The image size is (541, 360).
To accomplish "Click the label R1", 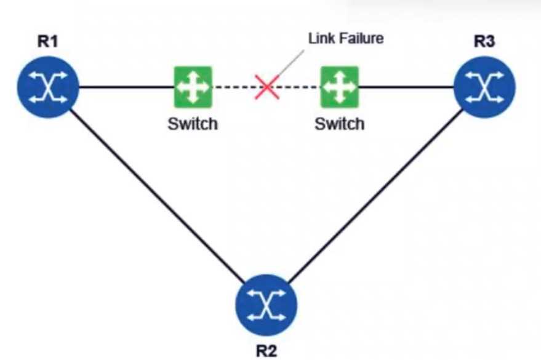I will click(48, 42).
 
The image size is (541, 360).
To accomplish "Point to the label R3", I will click(485, 42).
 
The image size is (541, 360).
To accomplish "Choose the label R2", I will click(266, 351).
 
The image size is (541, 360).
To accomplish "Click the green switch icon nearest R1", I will click(193, 86).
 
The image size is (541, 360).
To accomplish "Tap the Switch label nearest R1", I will click(193, 124).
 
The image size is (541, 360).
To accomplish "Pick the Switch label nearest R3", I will click(340, 124).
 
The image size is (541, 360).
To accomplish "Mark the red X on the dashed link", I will click(266, 87).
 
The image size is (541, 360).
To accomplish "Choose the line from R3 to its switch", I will click(406, 87).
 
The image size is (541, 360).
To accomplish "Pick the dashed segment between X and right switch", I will click(299, 87).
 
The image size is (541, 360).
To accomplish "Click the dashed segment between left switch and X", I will click(234, 87).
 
